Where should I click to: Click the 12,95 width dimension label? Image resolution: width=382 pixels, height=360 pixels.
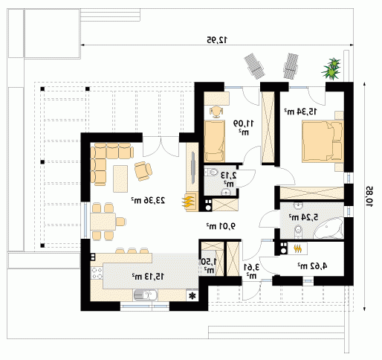pyautogui.click(x=217, y=39)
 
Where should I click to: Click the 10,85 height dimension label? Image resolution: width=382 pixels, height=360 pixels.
pyautogui.click(x=369, y=196)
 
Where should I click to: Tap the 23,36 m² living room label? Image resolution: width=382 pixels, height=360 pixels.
pyautogui.click(x=148, y=200)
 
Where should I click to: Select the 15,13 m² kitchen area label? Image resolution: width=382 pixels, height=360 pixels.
pyautogui.click(x=148, y=276)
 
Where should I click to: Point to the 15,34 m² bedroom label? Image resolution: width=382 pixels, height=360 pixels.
pyautogui.click(x=300, y=112)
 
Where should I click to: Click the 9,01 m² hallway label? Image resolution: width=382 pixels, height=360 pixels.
pyautogui.click(x=221, y=226)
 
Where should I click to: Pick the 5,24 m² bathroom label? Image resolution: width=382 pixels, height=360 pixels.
pyautogui.click(x=303, y=217)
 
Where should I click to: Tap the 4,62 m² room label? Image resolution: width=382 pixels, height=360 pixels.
pyautogui.click(x=312, y=266)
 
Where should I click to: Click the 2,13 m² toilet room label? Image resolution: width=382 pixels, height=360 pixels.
pyautogui.click(x=228, y=179)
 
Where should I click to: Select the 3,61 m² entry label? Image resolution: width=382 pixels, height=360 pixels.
pyautogui.click(x=252, y=271)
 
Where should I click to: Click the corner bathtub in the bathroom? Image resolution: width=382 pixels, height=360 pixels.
pyautogui.click(x=328, y=228)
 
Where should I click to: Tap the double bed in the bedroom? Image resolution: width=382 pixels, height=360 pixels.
pyautogui.click(x=323, y=141)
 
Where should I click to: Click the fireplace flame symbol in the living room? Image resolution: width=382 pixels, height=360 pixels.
pyautogui.click(x=188, y=202)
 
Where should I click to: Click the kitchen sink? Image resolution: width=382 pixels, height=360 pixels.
pyautogui.click(x=146, y=295)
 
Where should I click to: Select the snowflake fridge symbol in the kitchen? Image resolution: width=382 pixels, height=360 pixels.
pyautogui.click(x=192, y=295)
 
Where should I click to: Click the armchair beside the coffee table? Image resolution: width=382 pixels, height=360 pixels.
pyautogui.click(x=143, y=171)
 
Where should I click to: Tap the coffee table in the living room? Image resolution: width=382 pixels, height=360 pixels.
pyautogui.click(x=120, y=179)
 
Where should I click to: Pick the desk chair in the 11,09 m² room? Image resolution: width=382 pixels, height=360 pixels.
pyautogui.click(x=216, y=112)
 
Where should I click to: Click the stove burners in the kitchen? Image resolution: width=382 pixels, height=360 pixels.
pyautogui.click(x=97, y=273)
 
